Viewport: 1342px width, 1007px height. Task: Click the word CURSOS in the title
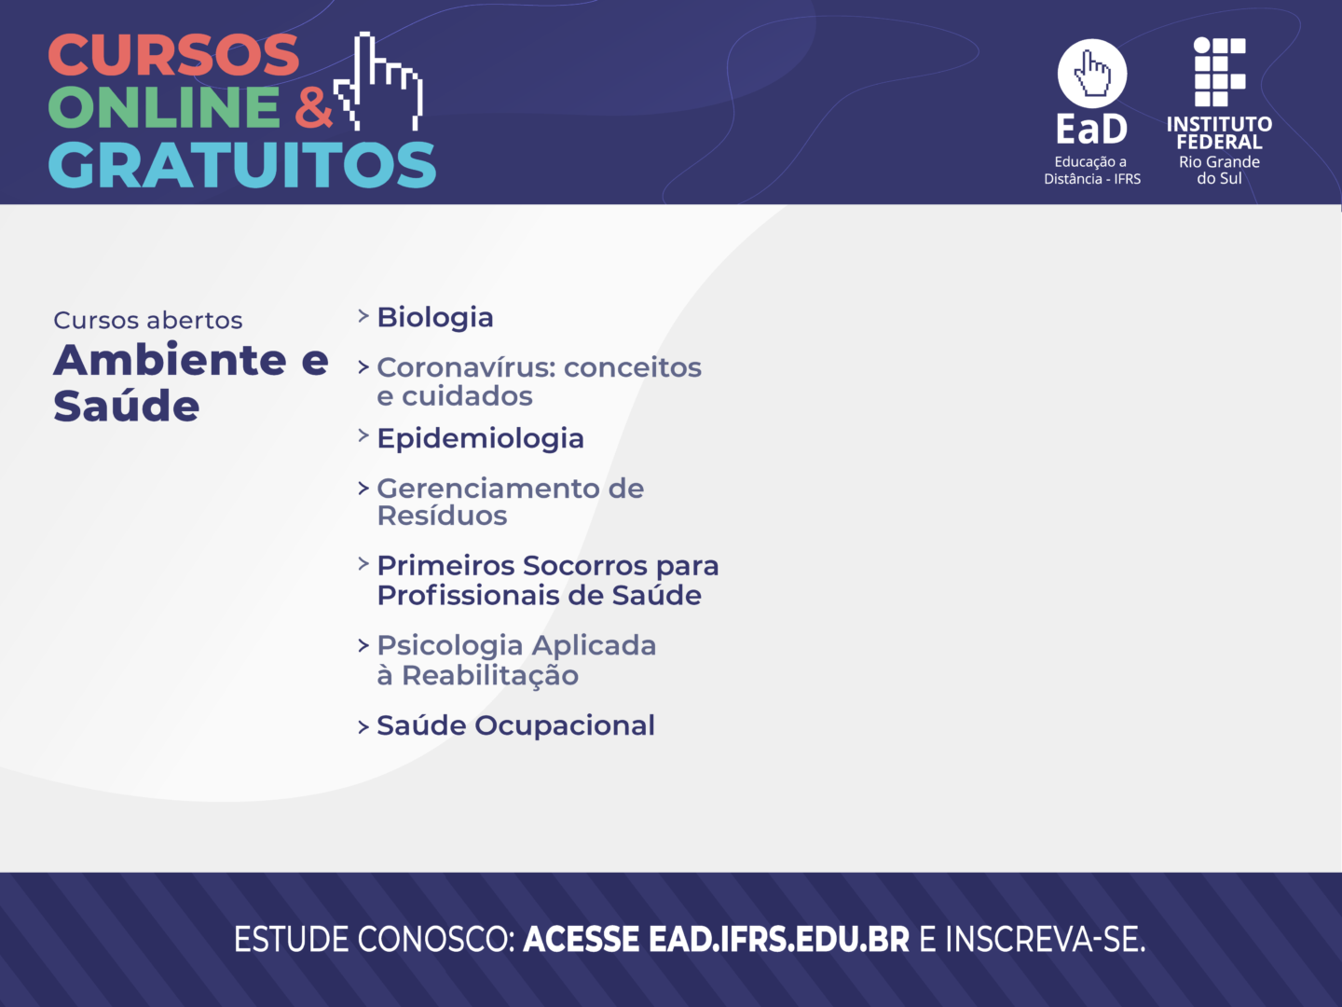173,54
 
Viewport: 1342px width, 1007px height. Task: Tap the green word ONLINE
164,106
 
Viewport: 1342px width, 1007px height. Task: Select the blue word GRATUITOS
242,164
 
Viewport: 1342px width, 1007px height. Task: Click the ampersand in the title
314,107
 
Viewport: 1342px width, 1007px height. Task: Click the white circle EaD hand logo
1092,74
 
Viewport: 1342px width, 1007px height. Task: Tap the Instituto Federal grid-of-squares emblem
1220,72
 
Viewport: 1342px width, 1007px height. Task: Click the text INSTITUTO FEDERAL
1219,132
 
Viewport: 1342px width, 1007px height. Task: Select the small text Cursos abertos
148,321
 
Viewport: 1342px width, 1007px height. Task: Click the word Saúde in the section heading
127,406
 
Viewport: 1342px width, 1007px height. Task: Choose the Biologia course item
434,317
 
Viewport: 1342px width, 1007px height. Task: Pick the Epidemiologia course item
481,438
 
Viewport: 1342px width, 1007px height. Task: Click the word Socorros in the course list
585,566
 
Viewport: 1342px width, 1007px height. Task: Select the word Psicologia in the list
450,646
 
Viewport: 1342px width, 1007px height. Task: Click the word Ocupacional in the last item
565,725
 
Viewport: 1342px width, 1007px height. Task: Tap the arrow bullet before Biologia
363,316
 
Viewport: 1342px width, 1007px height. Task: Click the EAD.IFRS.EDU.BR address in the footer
779,940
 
